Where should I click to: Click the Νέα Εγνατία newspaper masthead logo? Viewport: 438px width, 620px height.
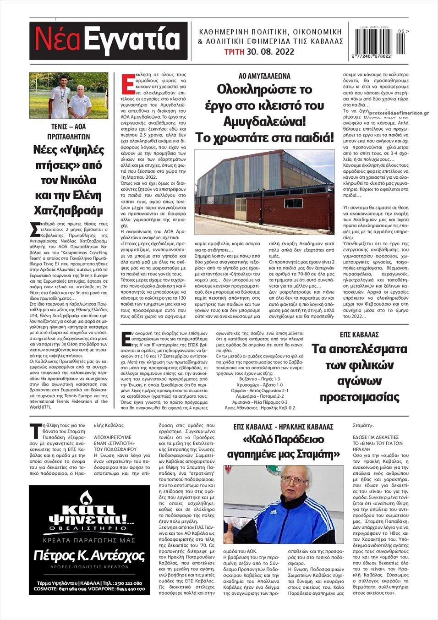click(x=109, y=40)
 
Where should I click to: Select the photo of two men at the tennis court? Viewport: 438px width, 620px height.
click(x=69, y=96)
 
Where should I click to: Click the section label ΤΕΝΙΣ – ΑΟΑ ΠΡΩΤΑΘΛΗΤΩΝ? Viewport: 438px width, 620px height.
click(x=69, y=132)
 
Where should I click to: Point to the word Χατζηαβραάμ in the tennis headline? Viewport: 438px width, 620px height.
click(x=69, y=210)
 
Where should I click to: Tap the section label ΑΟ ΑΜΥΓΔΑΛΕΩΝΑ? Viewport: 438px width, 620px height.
click(x=265, y=76)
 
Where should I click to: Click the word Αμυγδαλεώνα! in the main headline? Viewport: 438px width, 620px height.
click(x=265, y=121)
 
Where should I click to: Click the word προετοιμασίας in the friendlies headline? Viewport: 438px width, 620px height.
click(x=359, y=396)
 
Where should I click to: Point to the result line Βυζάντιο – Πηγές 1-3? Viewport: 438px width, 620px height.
click(x=259, y=379)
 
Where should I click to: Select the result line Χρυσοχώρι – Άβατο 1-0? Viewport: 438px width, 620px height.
click(x=259, y=385)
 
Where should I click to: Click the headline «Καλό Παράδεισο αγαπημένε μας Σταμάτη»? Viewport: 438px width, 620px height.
click(x=283, y=447)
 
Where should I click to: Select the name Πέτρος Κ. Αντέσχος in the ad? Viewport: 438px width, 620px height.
click(x=89, y=556)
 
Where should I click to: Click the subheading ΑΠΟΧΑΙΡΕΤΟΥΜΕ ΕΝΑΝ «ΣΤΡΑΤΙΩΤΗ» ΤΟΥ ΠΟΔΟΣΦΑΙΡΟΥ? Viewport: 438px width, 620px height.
click(x=119, y=443)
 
